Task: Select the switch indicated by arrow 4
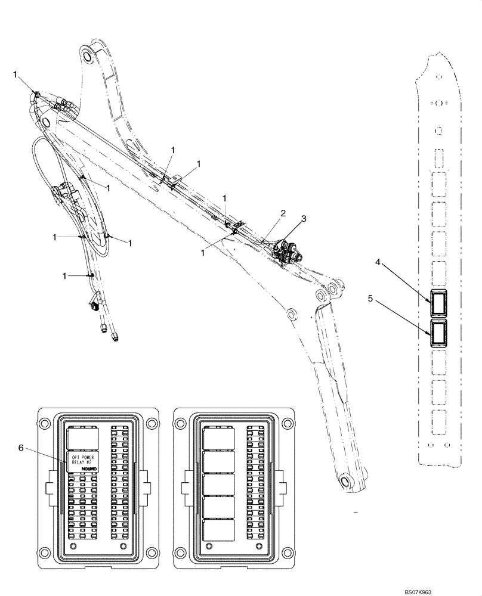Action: coord(440,303)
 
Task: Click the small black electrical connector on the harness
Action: coord(94,307)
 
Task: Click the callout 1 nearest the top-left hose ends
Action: coord(16,74)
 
